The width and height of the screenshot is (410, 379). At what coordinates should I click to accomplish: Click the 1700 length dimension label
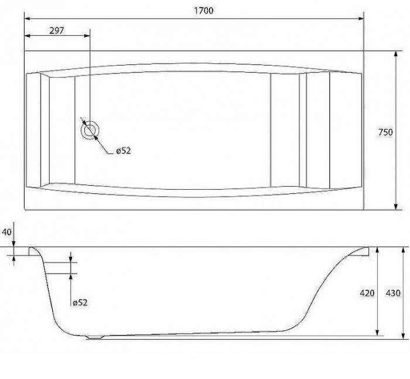[x=203, y=11]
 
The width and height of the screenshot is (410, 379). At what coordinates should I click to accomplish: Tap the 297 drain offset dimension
[x=56, y=30]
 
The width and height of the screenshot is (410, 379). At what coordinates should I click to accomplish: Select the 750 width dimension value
[x=385, y=132]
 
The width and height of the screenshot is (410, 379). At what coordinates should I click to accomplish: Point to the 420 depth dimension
[x=367, y=293]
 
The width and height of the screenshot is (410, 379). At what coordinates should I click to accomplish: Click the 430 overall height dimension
[x=393, y=293]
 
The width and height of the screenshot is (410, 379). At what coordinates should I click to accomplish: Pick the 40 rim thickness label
[x=6, y=232]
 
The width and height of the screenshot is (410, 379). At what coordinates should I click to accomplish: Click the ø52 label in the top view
[x=123, y=151]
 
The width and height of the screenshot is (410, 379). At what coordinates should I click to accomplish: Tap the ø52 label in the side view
[x=80, y=303]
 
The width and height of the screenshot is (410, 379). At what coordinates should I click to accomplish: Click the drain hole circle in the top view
[x=90, y=130]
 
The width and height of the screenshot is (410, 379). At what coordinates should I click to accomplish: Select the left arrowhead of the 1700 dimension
[x=27, y=19]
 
